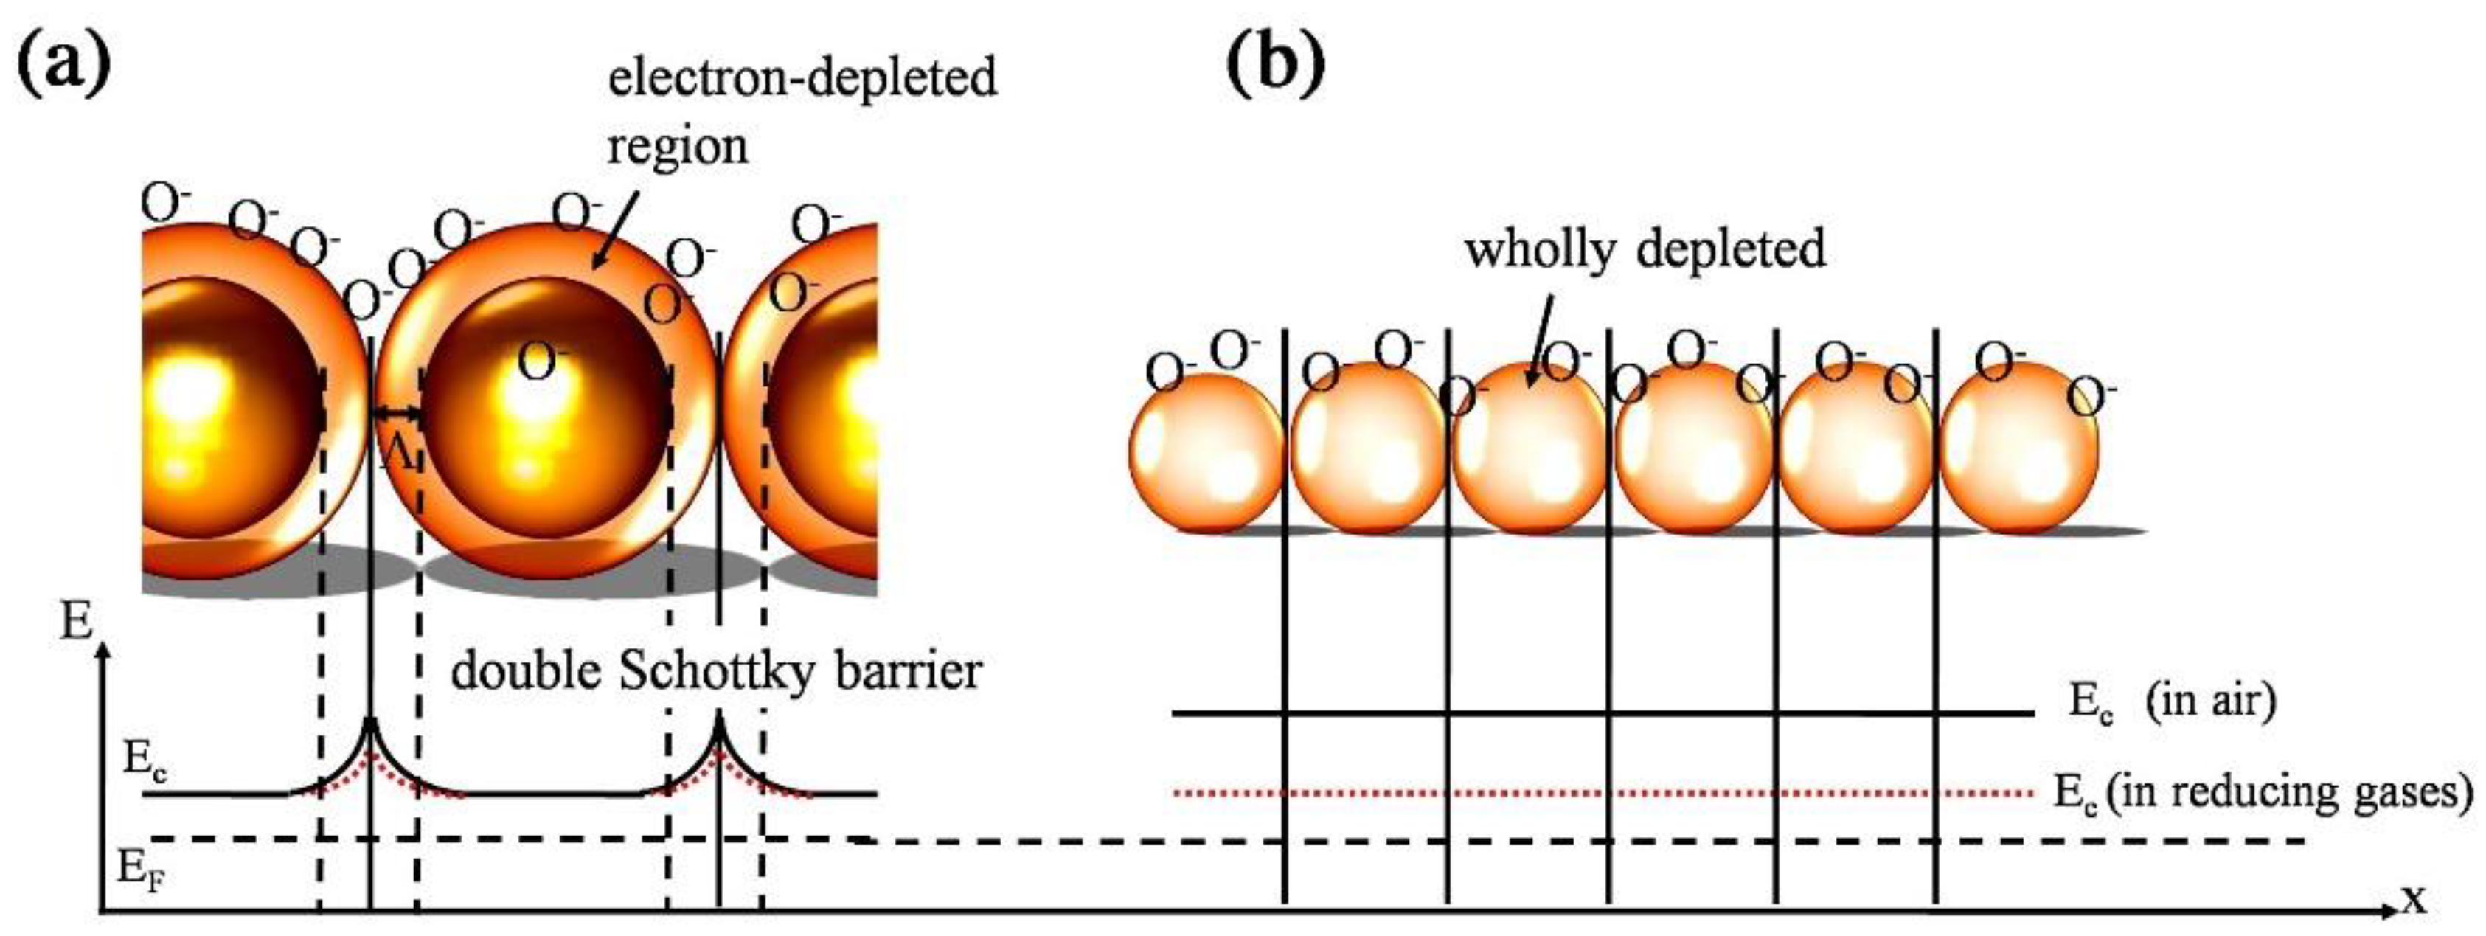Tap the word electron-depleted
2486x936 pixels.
click(x=802, y=78)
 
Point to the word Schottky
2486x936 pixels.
click(x=713, y=670)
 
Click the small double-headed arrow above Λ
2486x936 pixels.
click(x=397, y=414)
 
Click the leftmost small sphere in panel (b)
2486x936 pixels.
click(x=1206, y=451)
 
